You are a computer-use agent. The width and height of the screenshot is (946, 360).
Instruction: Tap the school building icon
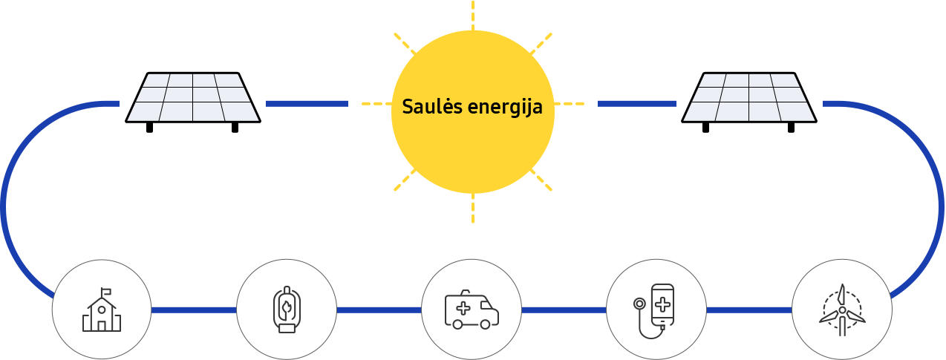101,310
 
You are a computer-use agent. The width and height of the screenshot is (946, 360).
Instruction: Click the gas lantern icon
287,310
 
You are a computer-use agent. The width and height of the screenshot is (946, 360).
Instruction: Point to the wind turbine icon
842,310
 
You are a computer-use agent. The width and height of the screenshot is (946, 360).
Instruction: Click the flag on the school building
106,291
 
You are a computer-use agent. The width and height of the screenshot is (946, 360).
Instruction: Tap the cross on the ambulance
463,308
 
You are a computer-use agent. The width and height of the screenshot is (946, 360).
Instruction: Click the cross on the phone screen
662,304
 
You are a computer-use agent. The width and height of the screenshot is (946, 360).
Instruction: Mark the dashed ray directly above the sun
472,16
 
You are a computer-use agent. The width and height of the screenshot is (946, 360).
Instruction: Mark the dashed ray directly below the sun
472,208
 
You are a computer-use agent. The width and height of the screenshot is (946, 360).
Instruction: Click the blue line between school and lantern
194,310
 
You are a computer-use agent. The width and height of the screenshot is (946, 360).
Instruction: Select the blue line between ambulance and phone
564,310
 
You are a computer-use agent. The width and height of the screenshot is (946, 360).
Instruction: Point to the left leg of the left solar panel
149,128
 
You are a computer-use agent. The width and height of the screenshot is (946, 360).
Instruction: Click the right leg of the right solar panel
791,128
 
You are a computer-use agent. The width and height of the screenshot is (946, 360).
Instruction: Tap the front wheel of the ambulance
485,324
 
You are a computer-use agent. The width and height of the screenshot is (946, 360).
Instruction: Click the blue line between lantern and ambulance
379,310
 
